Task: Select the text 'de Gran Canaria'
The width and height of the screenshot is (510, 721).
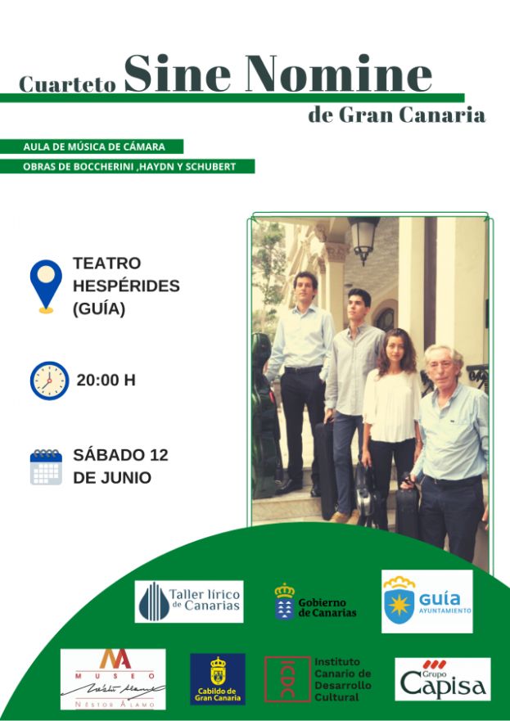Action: click(x=396, y=114)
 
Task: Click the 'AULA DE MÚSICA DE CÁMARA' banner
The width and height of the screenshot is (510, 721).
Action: click(x=95, y=146)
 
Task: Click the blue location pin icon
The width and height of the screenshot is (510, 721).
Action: click(x=46, y=286)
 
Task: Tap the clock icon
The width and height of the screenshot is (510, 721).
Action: click(x=49, y=380)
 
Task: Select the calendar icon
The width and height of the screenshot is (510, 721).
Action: click(x=46, y=466)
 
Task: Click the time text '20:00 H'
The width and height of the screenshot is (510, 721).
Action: click(x=106, y=380)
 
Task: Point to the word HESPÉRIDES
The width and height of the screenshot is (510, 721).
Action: click(x=126, y=286)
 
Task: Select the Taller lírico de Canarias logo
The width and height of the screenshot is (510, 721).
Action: click(x=189, y=602)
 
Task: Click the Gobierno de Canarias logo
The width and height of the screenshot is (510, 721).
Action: click(x=316, y=602)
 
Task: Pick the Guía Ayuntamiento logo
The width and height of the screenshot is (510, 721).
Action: click(x=427, y=602)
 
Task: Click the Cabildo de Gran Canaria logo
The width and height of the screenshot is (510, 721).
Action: click(x=218, y=679)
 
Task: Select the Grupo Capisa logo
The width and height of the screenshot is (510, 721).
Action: click(x=442, y=679)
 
